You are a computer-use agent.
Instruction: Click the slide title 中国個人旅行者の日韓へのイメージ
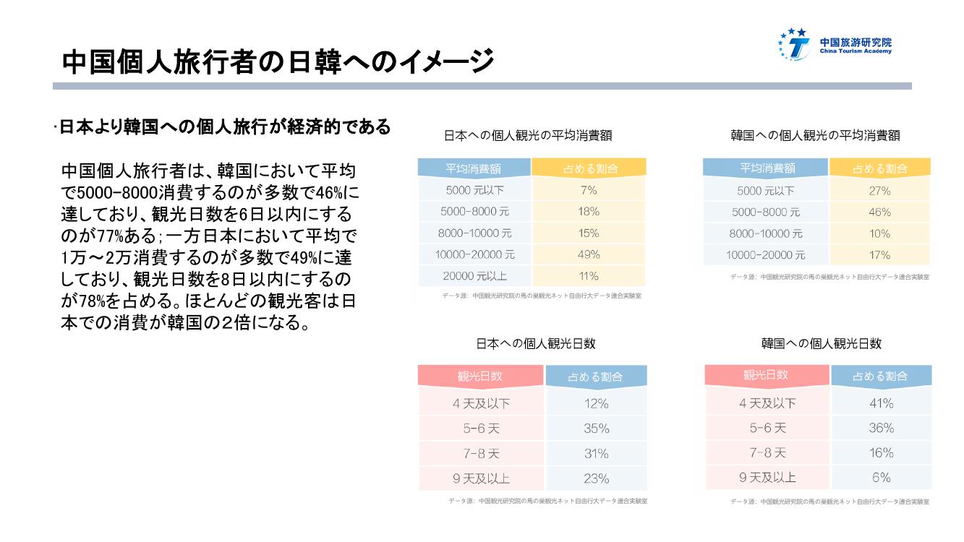278,61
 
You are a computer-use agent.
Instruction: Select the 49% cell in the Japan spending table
589,254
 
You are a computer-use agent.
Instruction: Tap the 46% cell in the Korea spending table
879,212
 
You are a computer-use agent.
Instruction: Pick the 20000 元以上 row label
476,276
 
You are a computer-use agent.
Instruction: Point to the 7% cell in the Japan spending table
589,190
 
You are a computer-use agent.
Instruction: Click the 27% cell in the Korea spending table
879,192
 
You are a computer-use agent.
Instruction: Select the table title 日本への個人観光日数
535,344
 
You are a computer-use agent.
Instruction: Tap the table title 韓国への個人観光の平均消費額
815,135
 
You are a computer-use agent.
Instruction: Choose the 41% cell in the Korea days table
881,403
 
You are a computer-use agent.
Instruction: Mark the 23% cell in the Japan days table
596,478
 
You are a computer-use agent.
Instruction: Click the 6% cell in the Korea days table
881,478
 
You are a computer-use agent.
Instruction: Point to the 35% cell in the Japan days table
596,429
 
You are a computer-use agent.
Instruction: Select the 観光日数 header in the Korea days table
766,375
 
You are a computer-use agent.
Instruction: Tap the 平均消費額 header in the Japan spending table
474,169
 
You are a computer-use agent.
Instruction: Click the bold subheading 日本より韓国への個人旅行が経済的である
224,128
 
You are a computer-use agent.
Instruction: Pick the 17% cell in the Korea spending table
879,255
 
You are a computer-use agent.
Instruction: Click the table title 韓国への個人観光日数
821,344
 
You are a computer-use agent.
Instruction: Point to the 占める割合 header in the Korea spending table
879,169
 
